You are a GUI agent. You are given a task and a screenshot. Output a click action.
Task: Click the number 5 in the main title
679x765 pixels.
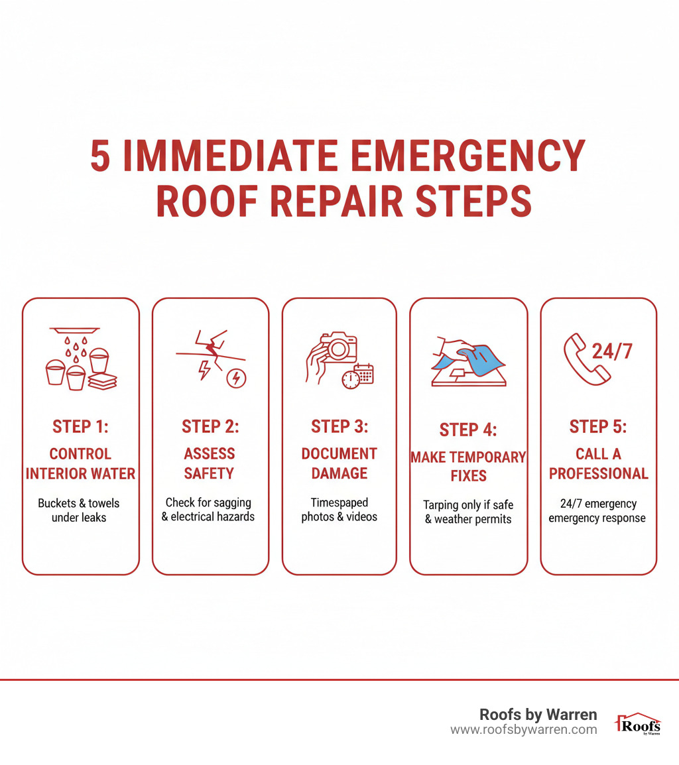point(101,156)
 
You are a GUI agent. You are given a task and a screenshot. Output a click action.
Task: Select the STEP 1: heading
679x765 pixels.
point(80,427)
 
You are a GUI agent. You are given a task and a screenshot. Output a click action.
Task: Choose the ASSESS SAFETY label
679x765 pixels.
point(210,463)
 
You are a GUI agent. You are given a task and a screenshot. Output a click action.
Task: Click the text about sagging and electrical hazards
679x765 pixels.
point(208,509)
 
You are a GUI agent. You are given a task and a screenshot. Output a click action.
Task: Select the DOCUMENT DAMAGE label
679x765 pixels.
point(339,463)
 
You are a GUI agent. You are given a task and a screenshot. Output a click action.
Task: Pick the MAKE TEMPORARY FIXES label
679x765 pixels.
point(468,466)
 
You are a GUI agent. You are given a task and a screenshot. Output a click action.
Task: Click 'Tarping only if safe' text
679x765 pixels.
point(468,505)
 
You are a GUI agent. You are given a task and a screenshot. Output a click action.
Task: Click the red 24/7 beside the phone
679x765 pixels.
point(612,351)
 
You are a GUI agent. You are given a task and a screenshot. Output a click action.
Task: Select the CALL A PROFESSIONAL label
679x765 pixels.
point(598,463)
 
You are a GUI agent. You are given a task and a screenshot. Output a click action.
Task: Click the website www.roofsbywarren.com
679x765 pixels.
point(523,730)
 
